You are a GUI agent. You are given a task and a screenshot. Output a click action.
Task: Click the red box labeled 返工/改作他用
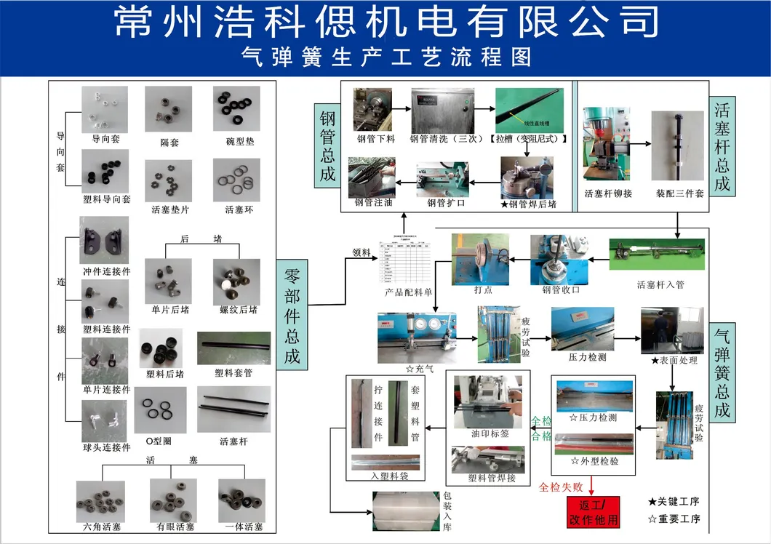pyautogui.click(x=593, y=512)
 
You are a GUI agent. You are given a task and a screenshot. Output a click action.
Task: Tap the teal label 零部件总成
pyautogui.click(x=292, y=314)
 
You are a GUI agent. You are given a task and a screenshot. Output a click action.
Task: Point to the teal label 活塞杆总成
pyautogui.click(x=722, y=145)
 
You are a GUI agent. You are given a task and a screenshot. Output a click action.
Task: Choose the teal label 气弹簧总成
pyautogui.click(x=722, y=373)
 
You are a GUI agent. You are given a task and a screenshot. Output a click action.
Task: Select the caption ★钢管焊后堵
pyautogui.click(x=529, y=204)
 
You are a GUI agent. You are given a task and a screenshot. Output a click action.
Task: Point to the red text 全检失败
pyautogui.click(x=560, y=487)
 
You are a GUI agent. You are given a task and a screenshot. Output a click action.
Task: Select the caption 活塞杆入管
pyautogui.click(x=660, y=284)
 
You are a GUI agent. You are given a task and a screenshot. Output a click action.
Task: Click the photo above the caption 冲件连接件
pyautogui.click(x=104, y=241)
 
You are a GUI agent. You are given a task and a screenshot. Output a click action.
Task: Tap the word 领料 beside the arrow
pyautogui.click(x=361, y=253)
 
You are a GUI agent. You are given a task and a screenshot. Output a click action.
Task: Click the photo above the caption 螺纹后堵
pyautogui.click(x=236, y=281)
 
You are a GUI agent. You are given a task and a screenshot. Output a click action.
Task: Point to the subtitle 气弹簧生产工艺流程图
pyautogui.click(x=385, y=57)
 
